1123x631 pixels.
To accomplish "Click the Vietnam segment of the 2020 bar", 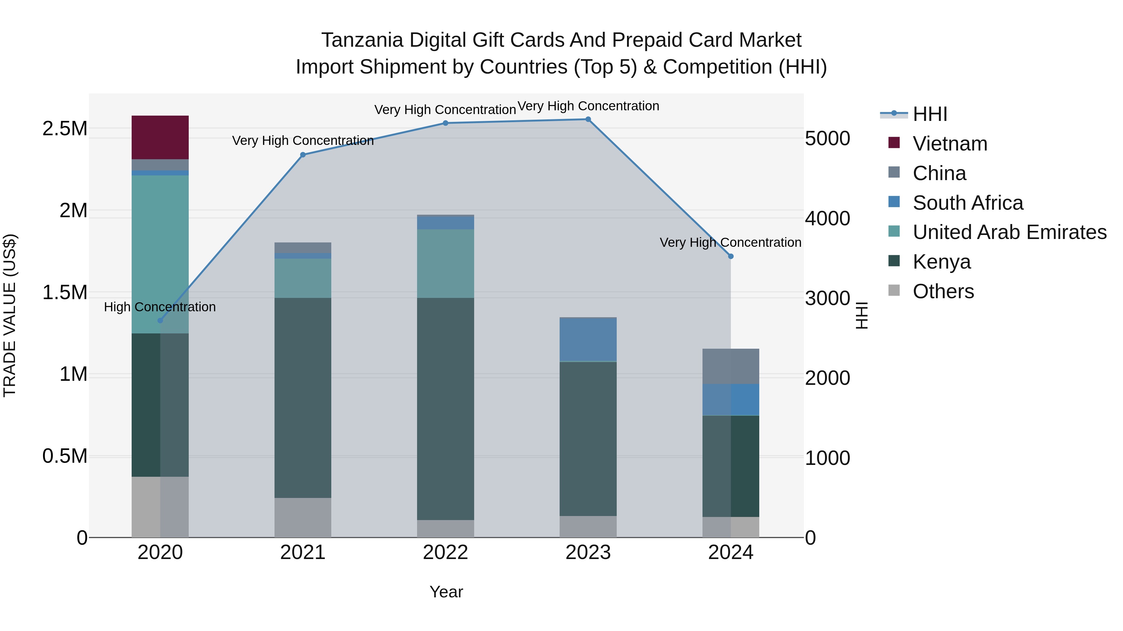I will point(160,137).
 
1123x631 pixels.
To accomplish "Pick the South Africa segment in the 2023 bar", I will point(588,340).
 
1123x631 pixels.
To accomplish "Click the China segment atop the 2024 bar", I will point(731,366).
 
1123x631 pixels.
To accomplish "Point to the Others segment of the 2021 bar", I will point(303,517).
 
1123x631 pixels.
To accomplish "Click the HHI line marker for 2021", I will point(303,155).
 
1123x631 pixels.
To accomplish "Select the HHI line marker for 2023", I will point(588,119).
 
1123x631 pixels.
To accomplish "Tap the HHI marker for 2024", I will point(731,256).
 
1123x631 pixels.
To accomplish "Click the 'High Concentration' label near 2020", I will point(159,307).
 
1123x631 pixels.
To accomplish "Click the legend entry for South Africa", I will point(967,203).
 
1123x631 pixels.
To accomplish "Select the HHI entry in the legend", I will point(930,114).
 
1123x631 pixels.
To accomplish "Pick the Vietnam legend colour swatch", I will point(894,143).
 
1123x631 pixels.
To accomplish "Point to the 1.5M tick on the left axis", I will point(65,293).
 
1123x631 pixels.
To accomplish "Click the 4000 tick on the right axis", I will point(827,219).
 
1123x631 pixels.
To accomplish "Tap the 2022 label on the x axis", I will point(445,552).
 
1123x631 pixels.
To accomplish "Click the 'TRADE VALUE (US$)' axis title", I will point(10,315).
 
